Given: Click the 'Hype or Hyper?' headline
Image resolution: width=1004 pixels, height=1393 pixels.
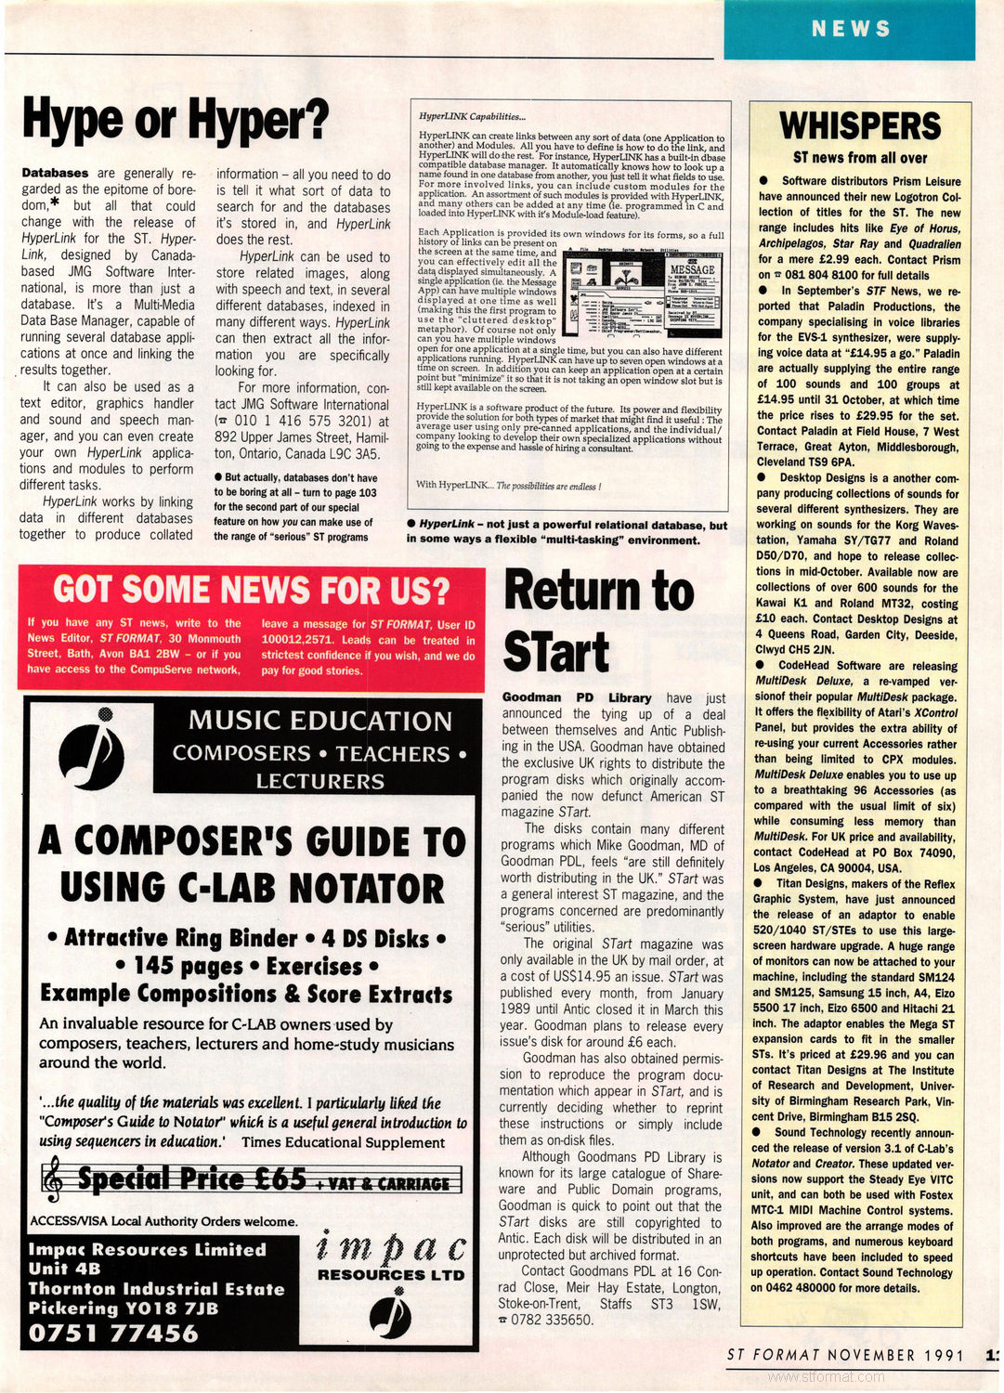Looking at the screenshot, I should [x=176, y=119].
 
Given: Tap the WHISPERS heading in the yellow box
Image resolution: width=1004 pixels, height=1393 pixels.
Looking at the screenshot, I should [x=860, y=125].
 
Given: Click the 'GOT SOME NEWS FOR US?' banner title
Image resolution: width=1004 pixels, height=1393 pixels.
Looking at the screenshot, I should [x=251, y=590].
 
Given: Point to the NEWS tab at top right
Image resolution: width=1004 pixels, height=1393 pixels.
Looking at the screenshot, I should [x=851, y=29].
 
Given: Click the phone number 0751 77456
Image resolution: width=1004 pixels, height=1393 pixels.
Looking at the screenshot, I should [x=113, y=1334].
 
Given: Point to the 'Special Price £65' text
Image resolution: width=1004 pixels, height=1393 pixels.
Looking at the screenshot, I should [x=192, y=1179].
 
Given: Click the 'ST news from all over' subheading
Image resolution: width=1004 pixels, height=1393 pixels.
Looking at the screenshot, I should [x=860, y=158].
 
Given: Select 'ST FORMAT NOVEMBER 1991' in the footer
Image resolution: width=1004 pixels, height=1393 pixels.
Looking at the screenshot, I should [x=845, y=1355].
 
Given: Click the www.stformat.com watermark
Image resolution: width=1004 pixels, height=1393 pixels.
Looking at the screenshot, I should [x=827, y=1377].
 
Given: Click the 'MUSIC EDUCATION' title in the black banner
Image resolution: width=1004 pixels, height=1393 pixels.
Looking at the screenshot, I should [x=320, y=721].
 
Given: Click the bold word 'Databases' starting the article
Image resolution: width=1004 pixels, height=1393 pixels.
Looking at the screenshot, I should [x=55, y=173].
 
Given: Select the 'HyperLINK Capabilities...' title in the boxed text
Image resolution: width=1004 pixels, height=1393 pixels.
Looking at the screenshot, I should [x=472, y=116].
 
